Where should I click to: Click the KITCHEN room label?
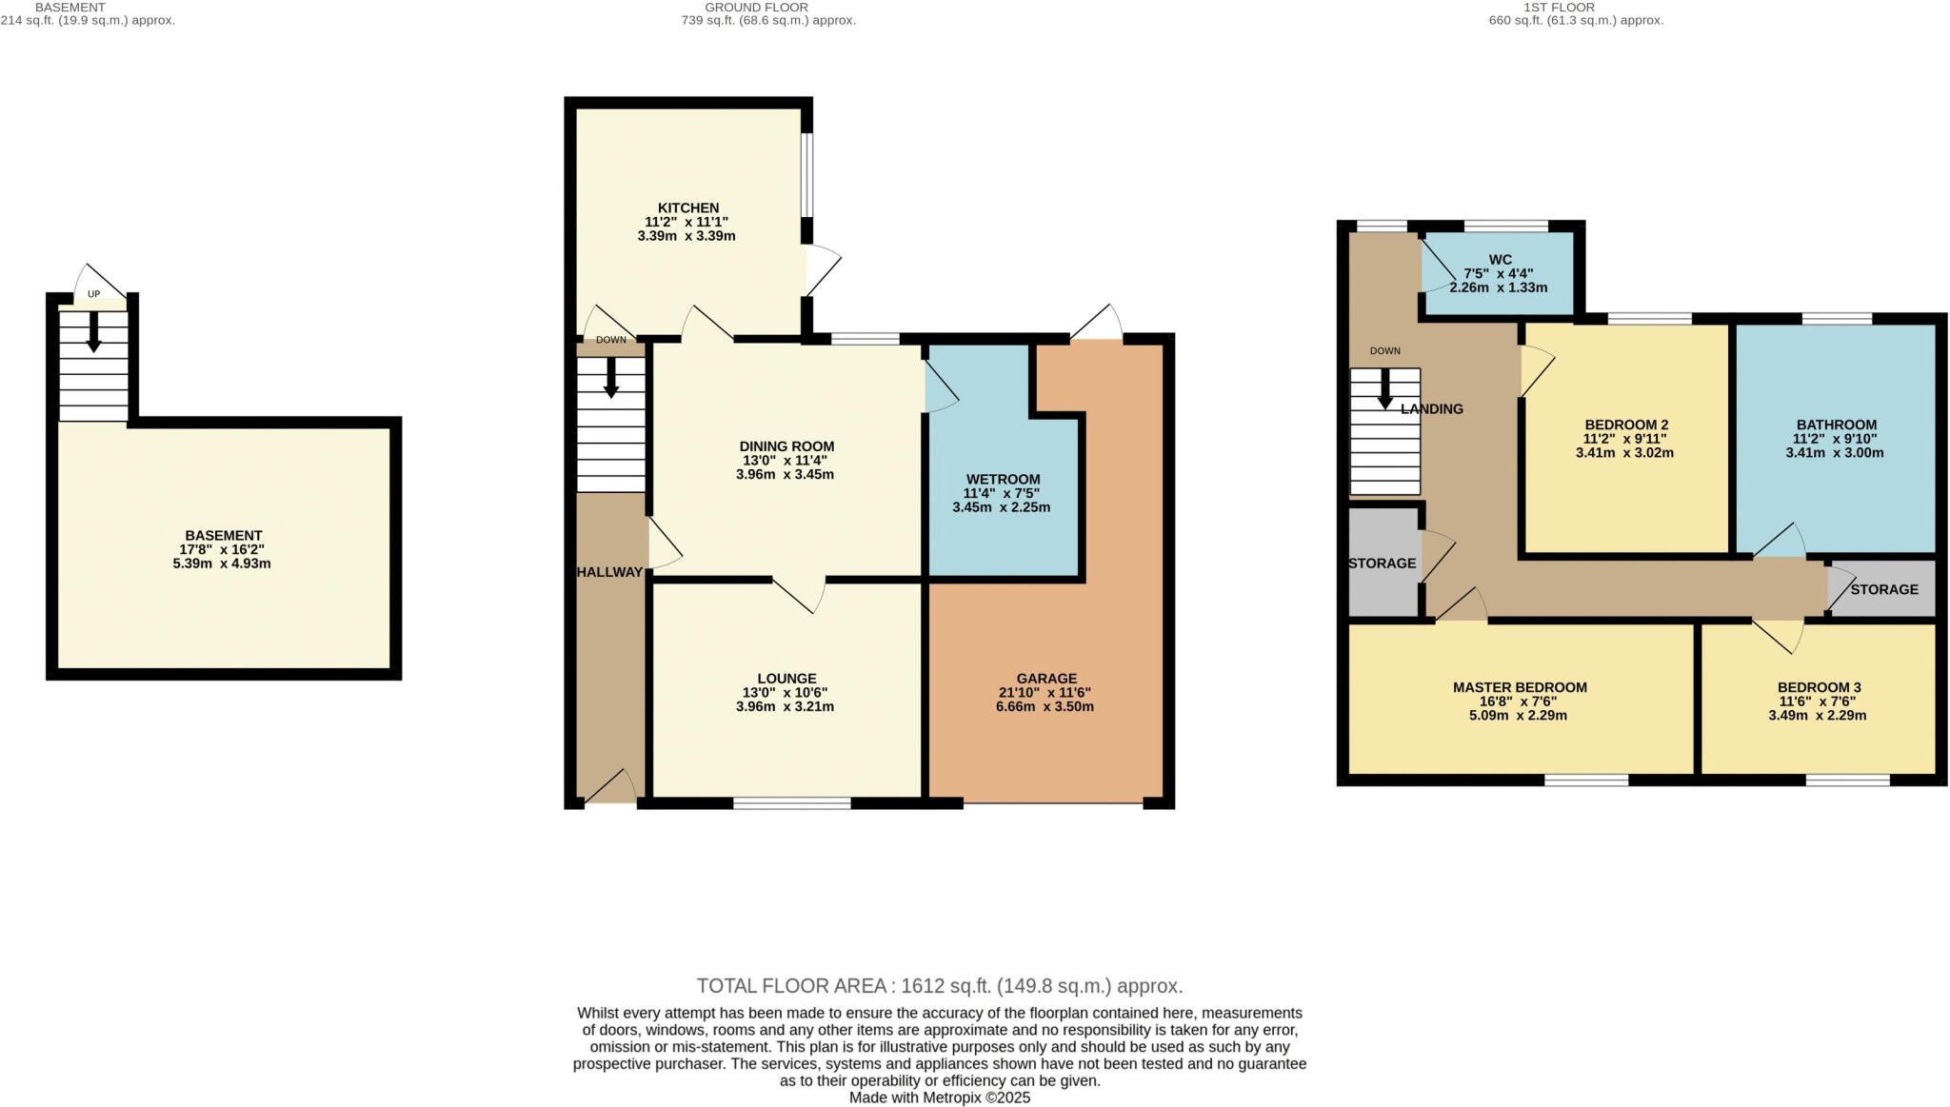tap(687, 208)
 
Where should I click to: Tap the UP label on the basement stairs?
tap(93, 294)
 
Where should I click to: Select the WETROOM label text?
tap(1003, 479)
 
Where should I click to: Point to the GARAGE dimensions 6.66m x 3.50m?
tap(1045, 707)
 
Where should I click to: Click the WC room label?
tap(1500, 259)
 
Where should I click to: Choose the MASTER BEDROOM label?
tap(1519, 687)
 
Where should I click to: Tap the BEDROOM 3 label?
tap(1819, 687)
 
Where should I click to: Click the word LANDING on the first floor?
tap(1431, 409)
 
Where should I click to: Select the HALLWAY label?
tap(609, 572)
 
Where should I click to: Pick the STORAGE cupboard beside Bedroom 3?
tap(1883, 589)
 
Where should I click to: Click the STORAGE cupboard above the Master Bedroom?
tap(1382, 563)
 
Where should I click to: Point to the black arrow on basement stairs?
tap(93, 333)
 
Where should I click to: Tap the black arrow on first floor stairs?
tap(1384, 389)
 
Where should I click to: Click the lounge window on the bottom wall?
tap(791, 803)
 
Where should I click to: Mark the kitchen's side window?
tap(806, 174)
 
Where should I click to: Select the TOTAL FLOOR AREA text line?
tap(939, 986)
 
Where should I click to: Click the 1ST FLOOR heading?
tap(1576, 8)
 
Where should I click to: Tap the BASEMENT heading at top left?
tap(70, 8)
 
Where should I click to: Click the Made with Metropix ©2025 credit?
tap(939, 1097)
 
